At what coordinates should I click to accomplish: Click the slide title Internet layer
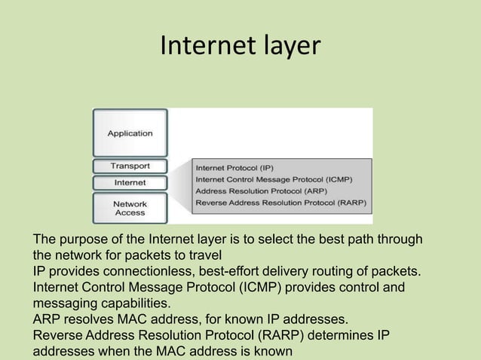click(x=240, y=47)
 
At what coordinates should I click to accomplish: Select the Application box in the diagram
click(x=130, y=134)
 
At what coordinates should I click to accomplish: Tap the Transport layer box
click(x=130, y=166)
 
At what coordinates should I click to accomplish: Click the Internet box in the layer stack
click(x=130, y=182)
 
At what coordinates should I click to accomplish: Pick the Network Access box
click(x=130, y=208)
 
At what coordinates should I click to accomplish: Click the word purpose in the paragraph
click(x=79, y=239)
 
